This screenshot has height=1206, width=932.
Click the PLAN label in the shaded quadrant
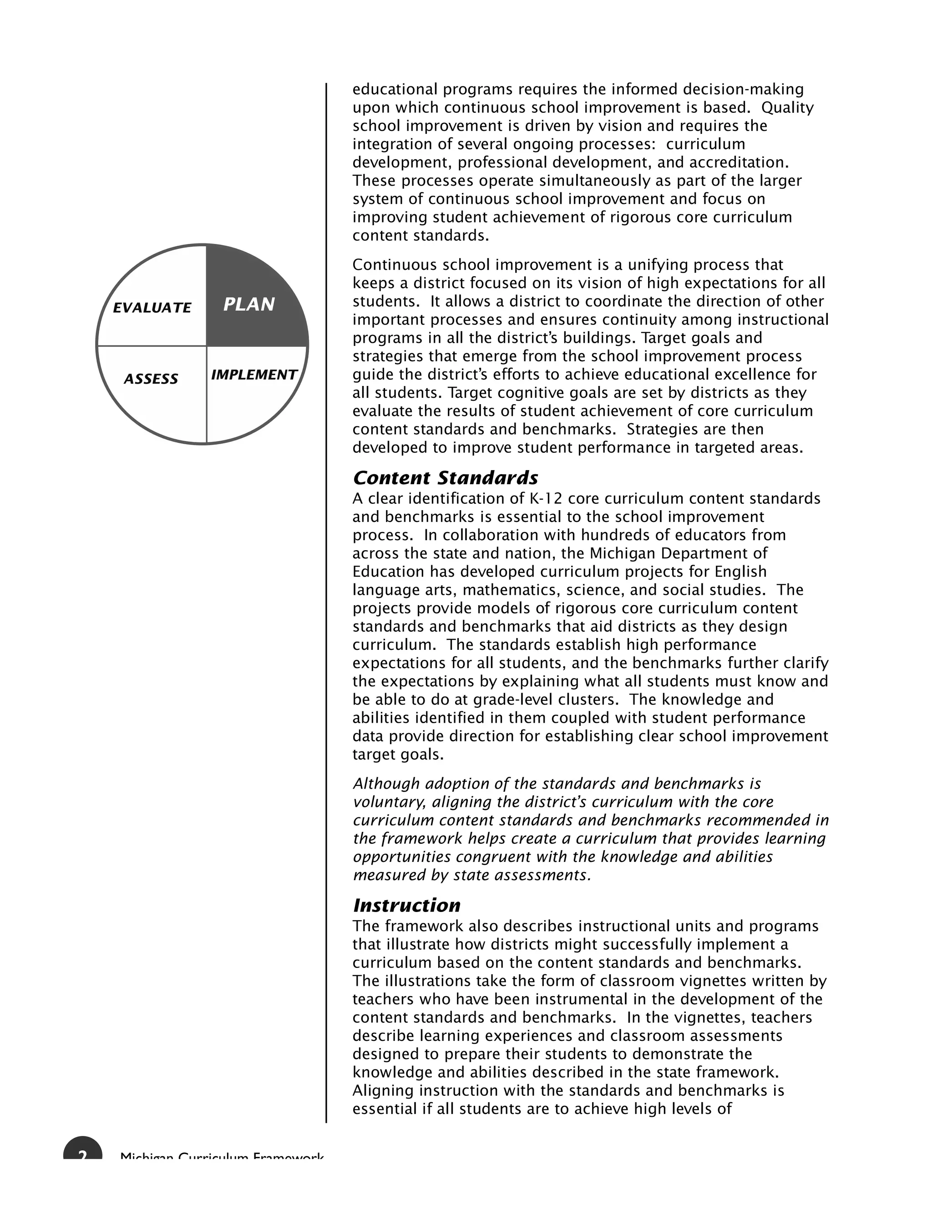coord(249,304)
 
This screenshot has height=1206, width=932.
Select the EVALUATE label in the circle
coord(152,308)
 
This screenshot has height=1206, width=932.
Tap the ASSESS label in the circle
coord(151,379)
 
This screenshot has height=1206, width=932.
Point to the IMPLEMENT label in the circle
coord(254,375)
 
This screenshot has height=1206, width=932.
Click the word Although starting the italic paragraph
coord(384,784)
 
